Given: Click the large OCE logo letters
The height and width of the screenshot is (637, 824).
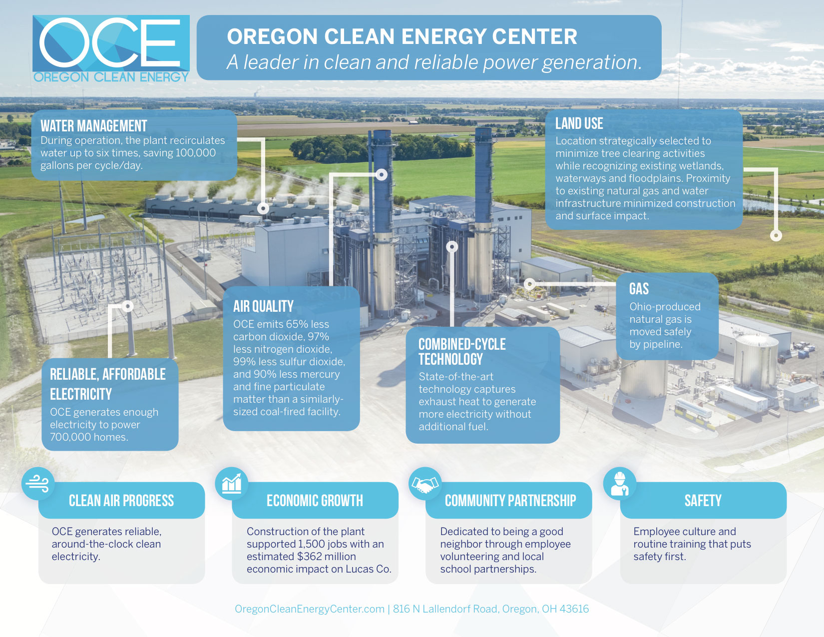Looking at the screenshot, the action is pyautogui.click(x=110, y=43).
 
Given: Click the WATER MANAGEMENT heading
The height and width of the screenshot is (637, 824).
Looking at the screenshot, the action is pyautogui.click(x=94, y=126).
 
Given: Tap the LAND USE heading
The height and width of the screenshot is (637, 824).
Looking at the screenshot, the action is pyautogui.click(x=579, y=124).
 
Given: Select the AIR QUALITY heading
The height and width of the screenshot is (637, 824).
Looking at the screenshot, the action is pyautogui.click(x=263, y=306).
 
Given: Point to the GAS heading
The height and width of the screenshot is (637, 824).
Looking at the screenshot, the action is pyautogui.click(x=639, y=289).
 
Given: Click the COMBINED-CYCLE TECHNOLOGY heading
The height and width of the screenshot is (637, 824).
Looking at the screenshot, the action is pyautogui.click(x=462, y=352).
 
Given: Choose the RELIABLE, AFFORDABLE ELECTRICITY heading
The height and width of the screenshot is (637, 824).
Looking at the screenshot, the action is pyautogui.click(x=108, y=384).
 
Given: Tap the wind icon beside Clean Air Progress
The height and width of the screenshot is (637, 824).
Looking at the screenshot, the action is pyautogui.click(x=37, y=484).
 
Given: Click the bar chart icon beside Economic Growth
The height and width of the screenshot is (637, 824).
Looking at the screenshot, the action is pyautogui.click(x=231, y=484).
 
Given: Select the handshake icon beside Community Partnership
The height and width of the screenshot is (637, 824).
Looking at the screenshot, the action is pyautogui.click(x=425, y=484).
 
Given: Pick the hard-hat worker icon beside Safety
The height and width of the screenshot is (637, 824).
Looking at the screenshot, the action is pyautogui.click(x=620, y=484).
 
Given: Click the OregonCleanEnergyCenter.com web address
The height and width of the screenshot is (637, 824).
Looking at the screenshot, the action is pyautogui.click(x=310, y=609).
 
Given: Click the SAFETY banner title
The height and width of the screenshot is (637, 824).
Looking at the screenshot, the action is pyautogui.click(x=703, y=501).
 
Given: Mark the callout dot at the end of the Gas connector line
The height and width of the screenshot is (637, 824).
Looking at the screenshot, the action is pyautogui.click(x=530, y=283).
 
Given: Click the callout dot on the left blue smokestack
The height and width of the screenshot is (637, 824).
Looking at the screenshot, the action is pyautogui.click(x=382, y=174).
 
